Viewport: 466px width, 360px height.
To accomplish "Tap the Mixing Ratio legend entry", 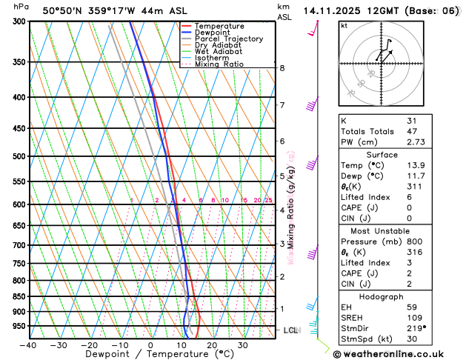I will point(219,64).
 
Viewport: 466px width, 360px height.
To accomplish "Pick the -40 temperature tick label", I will point(27,345).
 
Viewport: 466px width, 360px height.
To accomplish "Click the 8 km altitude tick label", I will point(282,68).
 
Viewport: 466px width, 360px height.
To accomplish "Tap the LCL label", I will point(290,330).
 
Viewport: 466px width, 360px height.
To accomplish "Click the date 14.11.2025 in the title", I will point(333,11).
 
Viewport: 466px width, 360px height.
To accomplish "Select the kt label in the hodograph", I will point(344,25).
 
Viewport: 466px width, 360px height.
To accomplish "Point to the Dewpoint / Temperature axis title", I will point(151,355).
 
